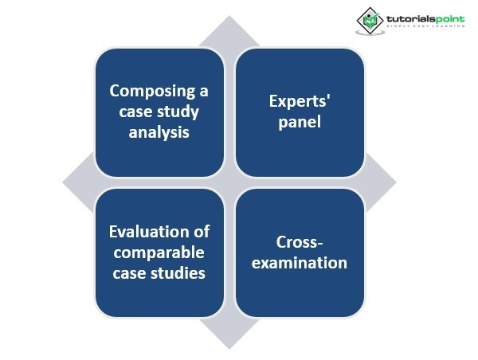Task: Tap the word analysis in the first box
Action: click(x=159, y=131)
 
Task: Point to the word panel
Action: click(x=300, y=123)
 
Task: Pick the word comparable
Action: click(x=159, y=252)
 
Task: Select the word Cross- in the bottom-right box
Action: click(x=300, y=242)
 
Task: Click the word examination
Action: click(x=300, y=262)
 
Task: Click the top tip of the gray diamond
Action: click(x=229, y=18)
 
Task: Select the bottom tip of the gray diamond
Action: click(x=229, y=347)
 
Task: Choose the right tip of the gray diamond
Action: click(x=394, y=182)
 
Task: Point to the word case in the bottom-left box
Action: click(x=131, y=273)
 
